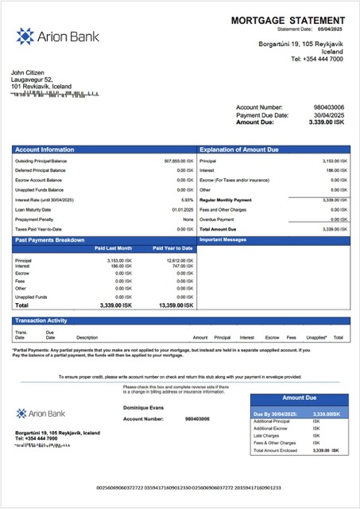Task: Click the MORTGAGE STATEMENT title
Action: [288, 20]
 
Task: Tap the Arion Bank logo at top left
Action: [47, 36]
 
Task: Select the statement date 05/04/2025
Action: [333, 29]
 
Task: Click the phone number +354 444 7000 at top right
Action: [317, 59]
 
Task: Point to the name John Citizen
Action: [29, 72]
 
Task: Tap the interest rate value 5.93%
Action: [188, 200]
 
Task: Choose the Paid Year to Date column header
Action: [172, 248]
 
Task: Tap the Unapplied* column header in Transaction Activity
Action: [316, 337]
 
